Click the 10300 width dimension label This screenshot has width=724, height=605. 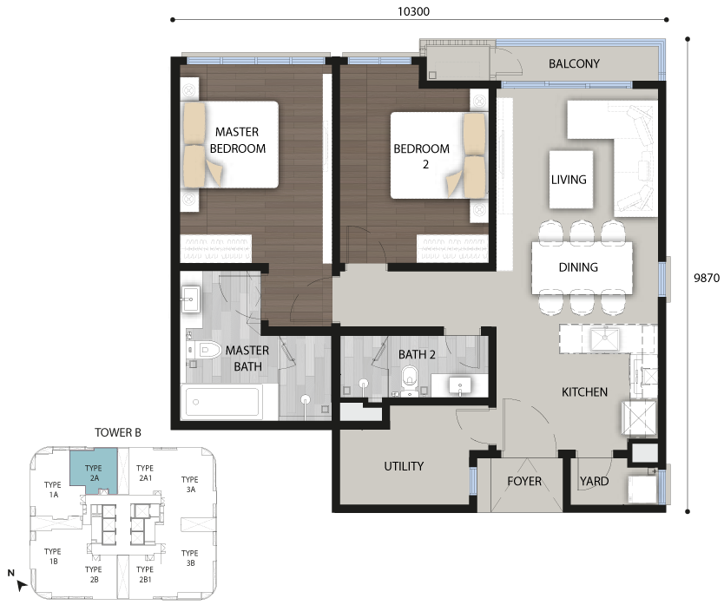tap(413, 11)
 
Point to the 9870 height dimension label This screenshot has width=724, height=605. tap(707, 278)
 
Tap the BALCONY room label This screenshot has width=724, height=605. tap(574, 63)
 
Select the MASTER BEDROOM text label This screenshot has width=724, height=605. tap(237, 140)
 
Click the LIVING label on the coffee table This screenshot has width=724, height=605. tap(569, 179)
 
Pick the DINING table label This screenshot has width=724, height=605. tap(578, 267)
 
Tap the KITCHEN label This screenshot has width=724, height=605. tap(584, 392)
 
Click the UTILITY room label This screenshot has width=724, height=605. tap(404, 466)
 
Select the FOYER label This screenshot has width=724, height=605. tap(524, 481)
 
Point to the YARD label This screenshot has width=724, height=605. tap(595, 481)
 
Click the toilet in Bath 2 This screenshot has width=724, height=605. tap(409, 381)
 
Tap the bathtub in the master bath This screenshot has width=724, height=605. tap(222, 403)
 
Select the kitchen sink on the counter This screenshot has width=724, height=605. tap(605, 339)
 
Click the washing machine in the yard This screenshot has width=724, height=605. tap(642, 490)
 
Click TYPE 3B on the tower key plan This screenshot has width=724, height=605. tap(190, 558)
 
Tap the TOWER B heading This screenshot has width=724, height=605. tap(118, 433)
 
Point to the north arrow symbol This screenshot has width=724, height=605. tap(20, 585)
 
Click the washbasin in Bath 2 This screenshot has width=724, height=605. tap(460, 385)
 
